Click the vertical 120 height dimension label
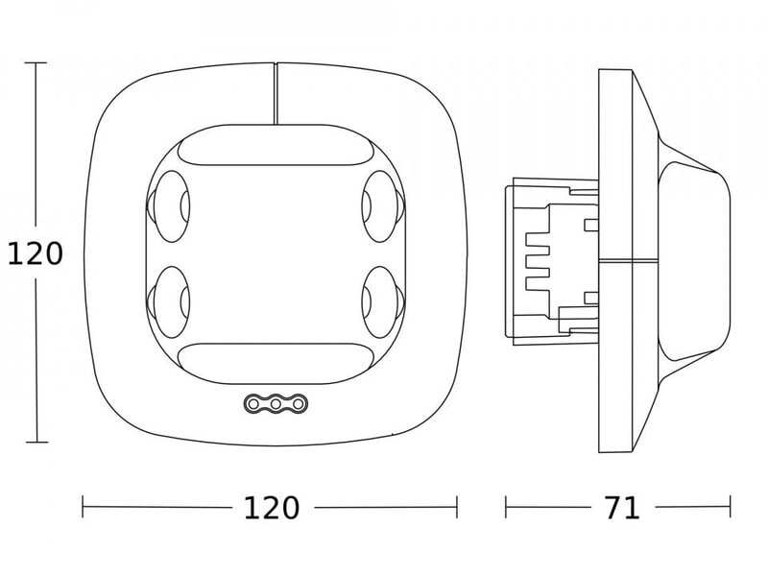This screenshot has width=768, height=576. pos(36,254)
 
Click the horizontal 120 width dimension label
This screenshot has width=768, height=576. pos(272,508)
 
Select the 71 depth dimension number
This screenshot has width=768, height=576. pos(621,508)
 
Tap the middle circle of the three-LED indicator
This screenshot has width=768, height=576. pos(276,404)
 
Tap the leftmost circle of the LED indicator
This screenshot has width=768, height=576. pos(253,404)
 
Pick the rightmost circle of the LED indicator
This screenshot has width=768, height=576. pos(299,404)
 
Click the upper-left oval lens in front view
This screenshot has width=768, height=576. pos(169,206)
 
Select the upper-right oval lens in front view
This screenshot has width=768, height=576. pos(383,206)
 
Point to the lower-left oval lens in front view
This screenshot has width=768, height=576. pos(169,301)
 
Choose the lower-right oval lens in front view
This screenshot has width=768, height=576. pos(383,301)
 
